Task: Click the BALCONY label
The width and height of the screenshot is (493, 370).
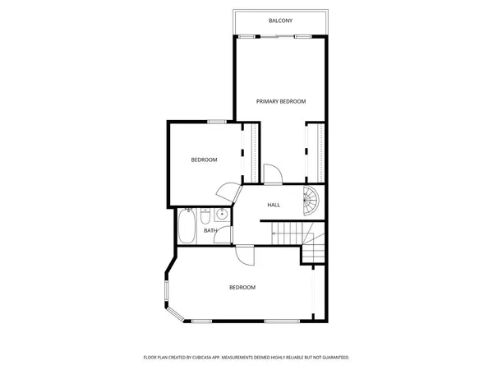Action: point(281,21)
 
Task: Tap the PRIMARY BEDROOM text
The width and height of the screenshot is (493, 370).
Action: point(281,101)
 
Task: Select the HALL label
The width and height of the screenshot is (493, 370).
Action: point(274,205)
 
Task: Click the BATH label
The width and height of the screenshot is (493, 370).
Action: point(210,231)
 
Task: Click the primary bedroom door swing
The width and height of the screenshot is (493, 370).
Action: point(272,173)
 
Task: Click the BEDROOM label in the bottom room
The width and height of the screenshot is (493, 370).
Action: point(242,288)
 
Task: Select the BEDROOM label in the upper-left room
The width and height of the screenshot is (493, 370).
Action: point(204,160)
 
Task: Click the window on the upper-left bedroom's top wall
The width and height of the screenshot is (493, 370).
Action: point(217,122)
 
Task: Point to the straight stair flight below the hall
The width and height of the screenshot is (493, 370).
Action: point(289,234)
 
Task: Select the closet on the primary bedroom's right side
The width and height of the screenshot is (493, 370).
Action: point(314,152)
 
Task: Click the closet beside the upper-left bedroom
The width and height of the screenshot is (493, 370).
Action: point(251,152)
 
